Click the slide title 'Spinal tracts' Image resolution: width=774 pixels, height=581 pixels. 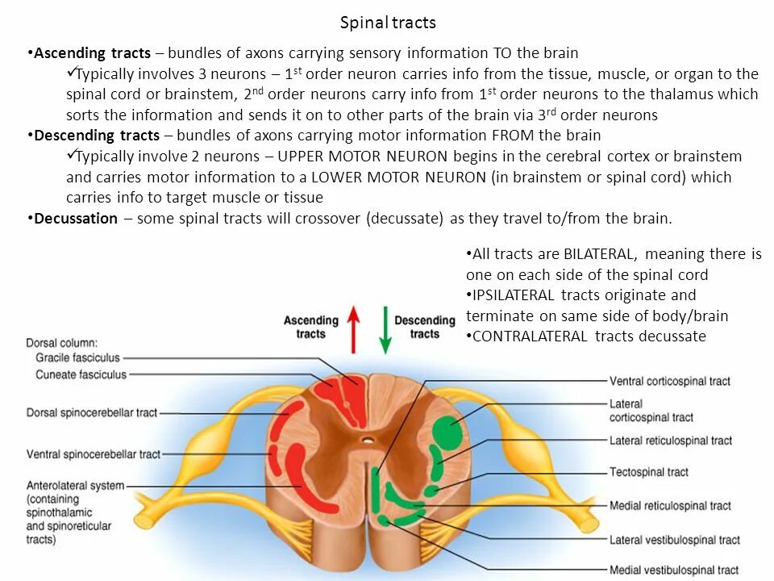pos(388,23)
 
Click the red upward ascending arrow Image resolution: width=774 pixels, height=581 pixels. pos(353,330)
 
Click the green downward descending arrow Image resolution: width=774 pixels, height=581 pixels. pos(385,330)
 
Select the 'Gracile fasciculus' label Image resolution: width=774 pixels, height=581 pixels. pos(77,357)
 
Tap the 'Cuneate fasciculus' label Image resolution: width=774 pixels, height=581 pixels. pos(81,374)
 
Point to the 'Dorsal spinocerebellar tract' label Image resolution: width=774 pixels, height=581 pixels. pos(91,413)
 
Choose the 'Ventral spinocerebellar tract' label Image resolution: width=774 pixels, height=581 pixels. pos(94,454)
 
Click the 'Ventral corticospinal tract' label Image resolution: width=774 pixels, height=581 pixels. pos(669,381)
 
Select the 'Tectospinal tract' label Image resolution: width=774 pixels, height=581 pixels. pos(649,472)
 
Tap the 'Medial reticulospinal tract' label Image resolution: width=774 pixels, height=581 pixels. pos(670,506)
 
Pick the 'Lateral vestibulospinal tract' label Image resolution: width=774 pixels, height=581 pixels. pos(674,540)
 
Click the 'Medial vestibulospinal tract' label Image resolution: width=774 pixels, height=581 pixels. pos(674,570)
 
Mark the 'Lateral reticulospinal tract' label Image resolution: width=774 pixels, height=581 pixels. pos(671,441)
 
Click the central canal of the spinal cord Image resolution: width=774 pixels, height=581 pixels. pos(368,441)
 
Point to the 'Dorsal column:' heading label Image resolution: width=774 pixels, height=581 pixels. pos(62,342)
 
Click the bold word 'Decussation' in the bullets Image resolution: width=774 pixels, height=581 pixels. pos(76,219)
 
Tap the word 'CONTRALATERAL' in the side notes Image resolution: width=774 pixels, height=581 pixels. pos(530,336)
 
